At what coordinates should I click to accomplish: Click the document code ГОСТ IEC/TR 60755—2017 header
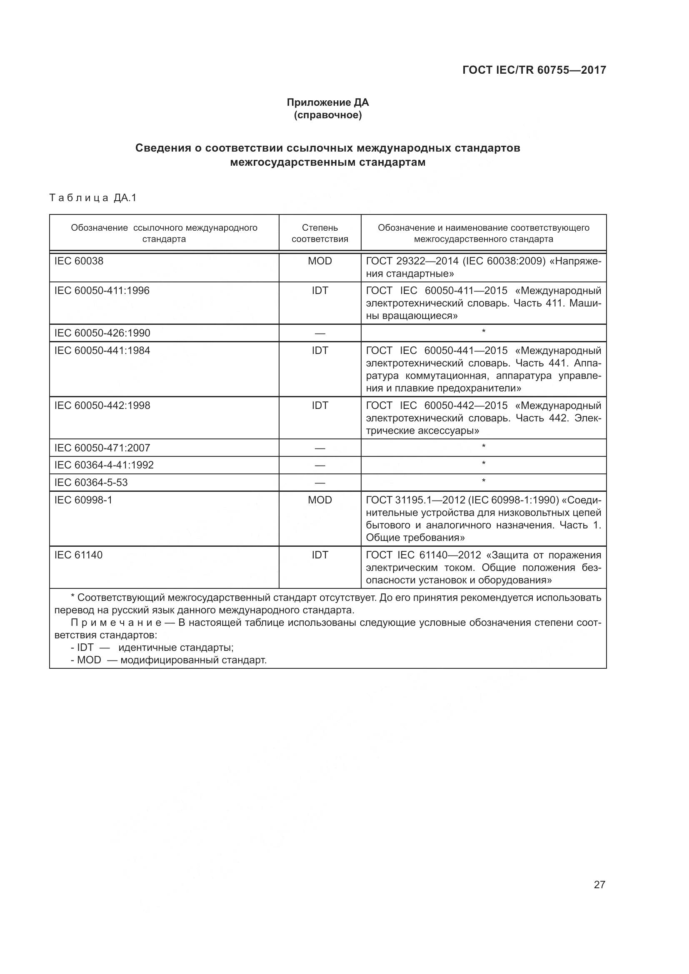[534, 70]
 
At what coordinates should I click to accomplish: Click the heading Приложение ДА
[327, 102]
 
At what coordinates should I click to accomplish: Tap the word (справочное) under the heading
[327, 115]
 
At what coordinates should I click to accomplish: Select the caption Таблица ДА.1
[93, 198]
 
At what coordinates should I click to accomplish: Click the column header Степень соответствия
[320, 233]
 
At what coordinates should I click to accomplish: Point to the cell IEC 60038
[79, 261]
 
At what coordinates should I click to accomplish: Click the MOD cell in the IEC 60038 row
[320, 261]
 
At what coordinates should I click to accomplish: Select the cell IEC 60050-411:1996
[102, 291]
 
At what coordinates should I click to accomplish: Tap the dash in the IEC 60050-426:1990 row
[320, 334]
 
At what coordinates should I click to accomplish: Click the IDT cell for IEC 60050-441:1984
[320, 350]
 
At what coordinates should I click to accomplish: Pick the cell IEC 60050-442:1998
[102, 406]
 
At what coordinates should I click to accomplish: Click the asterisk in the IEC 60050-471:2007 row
[483, 447]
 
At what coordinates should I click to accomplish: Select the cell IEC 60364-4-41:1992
[104, 465]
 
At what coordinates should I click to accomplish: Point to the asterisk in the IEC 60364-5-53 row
[483, 481]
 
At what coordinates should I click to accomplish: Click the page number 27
[599, 884]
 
